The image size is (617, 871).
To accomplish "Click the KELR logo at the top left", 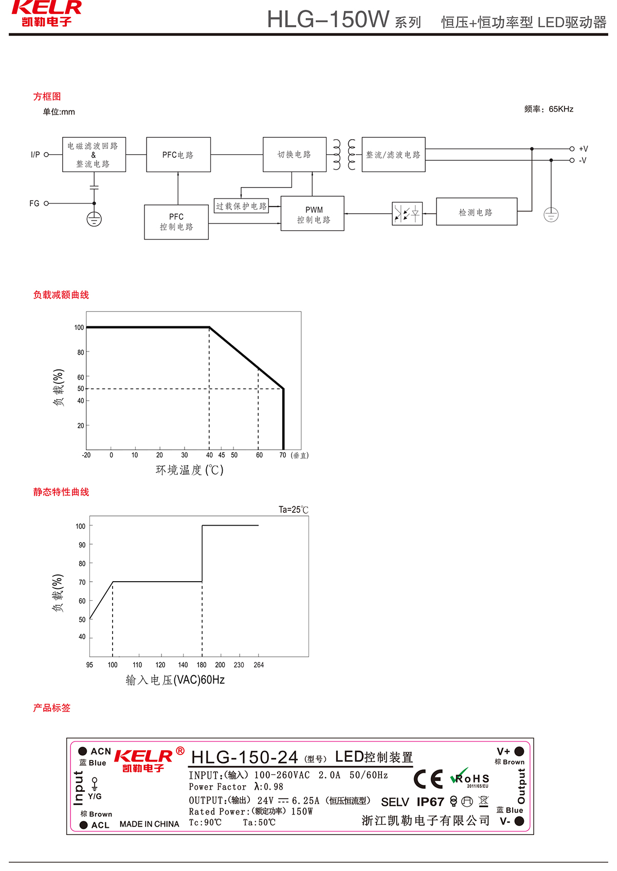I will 46,13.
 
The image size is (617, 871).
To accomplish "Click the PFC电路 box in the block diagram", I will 178,155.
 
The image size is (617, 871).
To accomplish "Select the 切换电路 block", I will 294,155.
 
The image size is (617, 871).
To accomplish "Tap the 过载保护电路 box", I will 241,206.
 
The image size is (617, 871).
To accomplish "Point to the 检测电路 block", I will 476,212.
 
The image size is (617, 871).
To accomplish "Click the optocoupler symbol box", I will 407,214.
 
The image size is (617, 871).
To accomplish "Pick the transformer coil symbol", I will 344,154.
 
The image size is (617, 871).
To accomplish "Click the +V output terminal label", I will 584,149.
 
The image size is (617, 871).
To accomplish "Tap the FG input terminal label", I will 34,203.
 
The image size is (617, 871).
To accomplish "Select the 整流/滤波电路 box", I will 393,155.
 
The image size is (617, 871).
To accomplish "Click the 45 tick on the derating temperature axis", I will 222,455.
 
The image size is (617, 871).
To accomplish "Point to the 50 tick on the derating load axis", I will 81,388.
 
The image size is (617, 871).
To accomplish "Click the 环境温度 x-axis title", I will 189,470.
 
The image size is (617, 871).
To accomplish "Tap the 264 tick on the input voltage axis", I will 259,665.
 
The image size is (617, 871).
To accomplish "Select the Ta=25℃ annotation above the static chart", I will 293,510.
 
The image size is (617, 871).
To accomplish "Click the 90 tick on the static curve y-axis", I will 82,545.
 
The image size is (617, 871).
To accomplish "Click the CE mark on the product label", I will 428,780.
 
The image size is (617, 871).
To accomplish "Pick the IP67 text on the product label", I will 430,802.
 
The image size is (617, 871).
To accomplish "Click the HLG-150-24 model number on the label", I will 244,757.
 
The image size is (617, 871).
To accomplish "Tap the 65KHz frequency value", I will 561,109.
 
